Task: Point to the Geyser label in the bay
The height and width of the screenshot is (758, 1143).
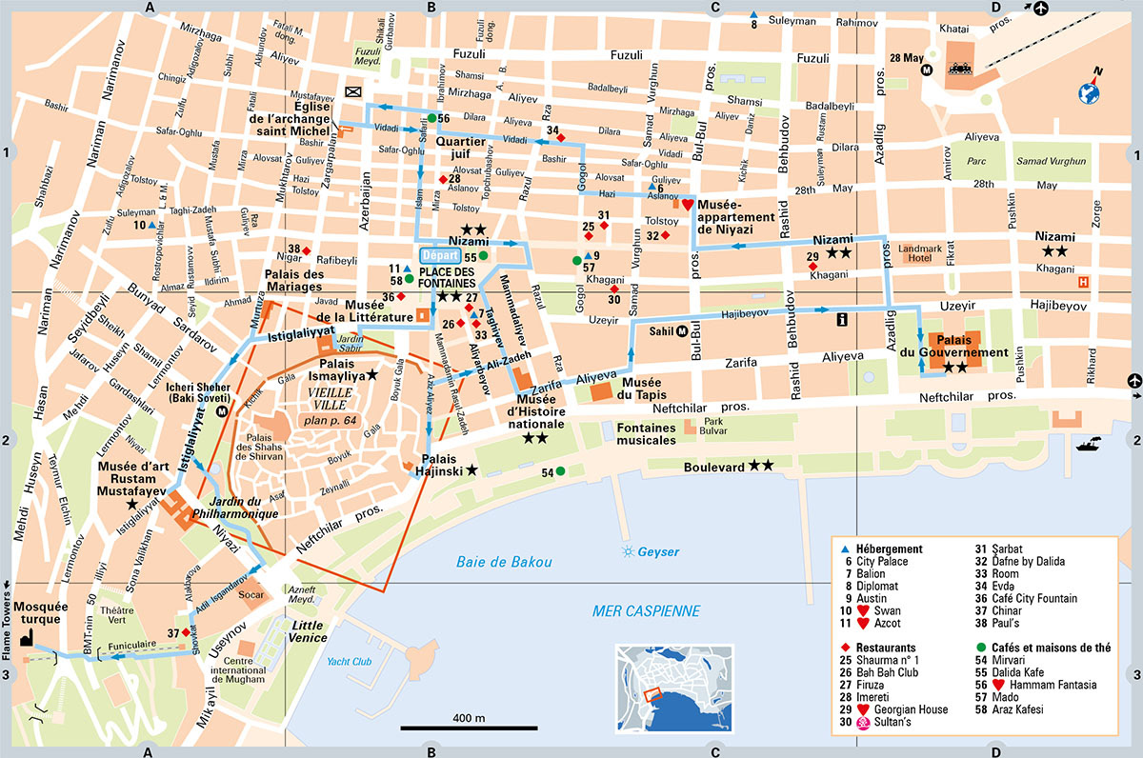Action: click(658, 551)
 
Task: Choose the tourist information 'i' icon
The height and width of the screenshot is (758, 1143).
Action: click(842, 321)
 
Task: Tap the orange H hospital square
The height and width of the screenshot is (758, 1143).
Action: click(1083, 282)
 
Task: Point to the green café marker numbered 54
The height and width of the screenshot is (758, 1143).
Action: click(560, 471)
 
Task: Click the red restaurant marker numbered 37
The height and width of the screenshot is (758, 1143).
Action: click(187, 633)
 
